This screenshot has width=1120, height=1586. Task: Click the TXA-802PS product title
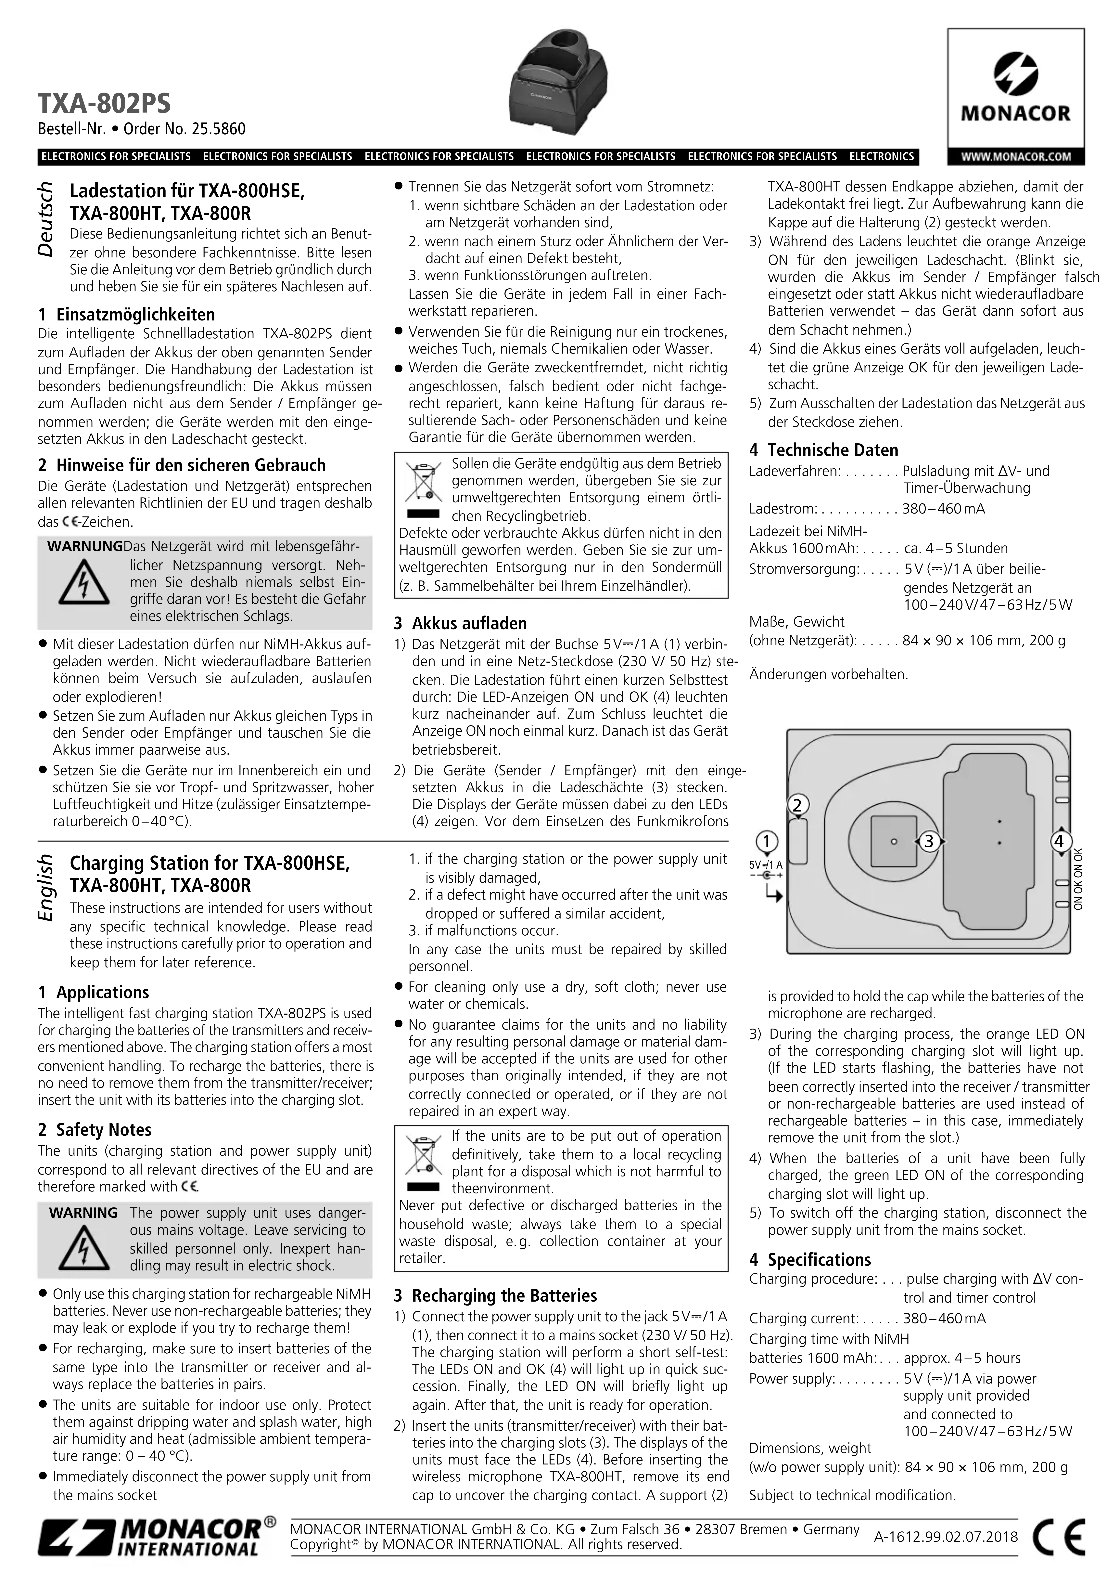[104, 103]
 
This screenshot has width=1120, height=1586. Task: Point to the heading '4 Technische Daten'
[824, 450]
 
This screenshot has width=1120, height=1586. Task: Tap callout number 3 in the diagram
[929, 841]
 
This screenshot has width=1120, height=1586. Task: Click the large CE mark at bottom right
[1059, 1538]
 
